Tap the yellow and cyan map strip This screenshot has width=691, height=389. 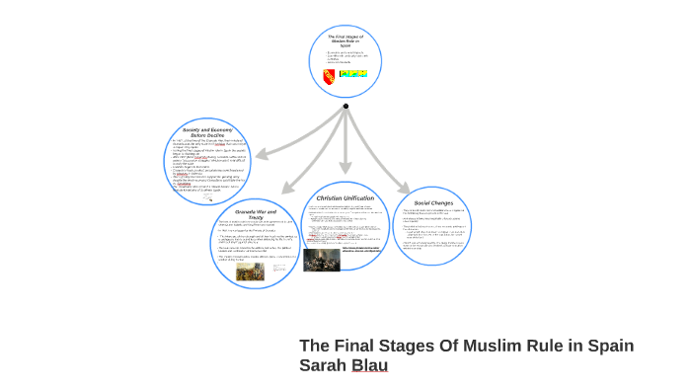click(352, 74)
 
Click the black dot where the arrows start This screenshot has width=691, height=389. click(345, 106)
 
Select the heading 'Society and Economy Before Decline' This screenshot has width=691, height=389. click(205, 132)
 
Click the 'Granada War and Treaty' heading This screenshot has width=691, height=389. click(257, 214)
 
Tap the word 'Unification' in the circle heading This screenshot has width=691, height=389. click(358, 197)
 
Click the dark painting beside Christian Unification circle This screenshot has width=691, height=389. click(321, 260)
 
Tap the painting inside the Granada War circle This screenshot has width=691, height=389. click(250, 270)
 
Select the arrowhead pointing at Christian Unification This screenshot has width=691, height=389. click(345, 172)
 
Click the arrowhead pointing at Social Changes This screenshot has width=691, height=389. click(403, 188)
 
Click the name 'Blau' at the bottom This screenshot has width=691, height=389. click(370, 366)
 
